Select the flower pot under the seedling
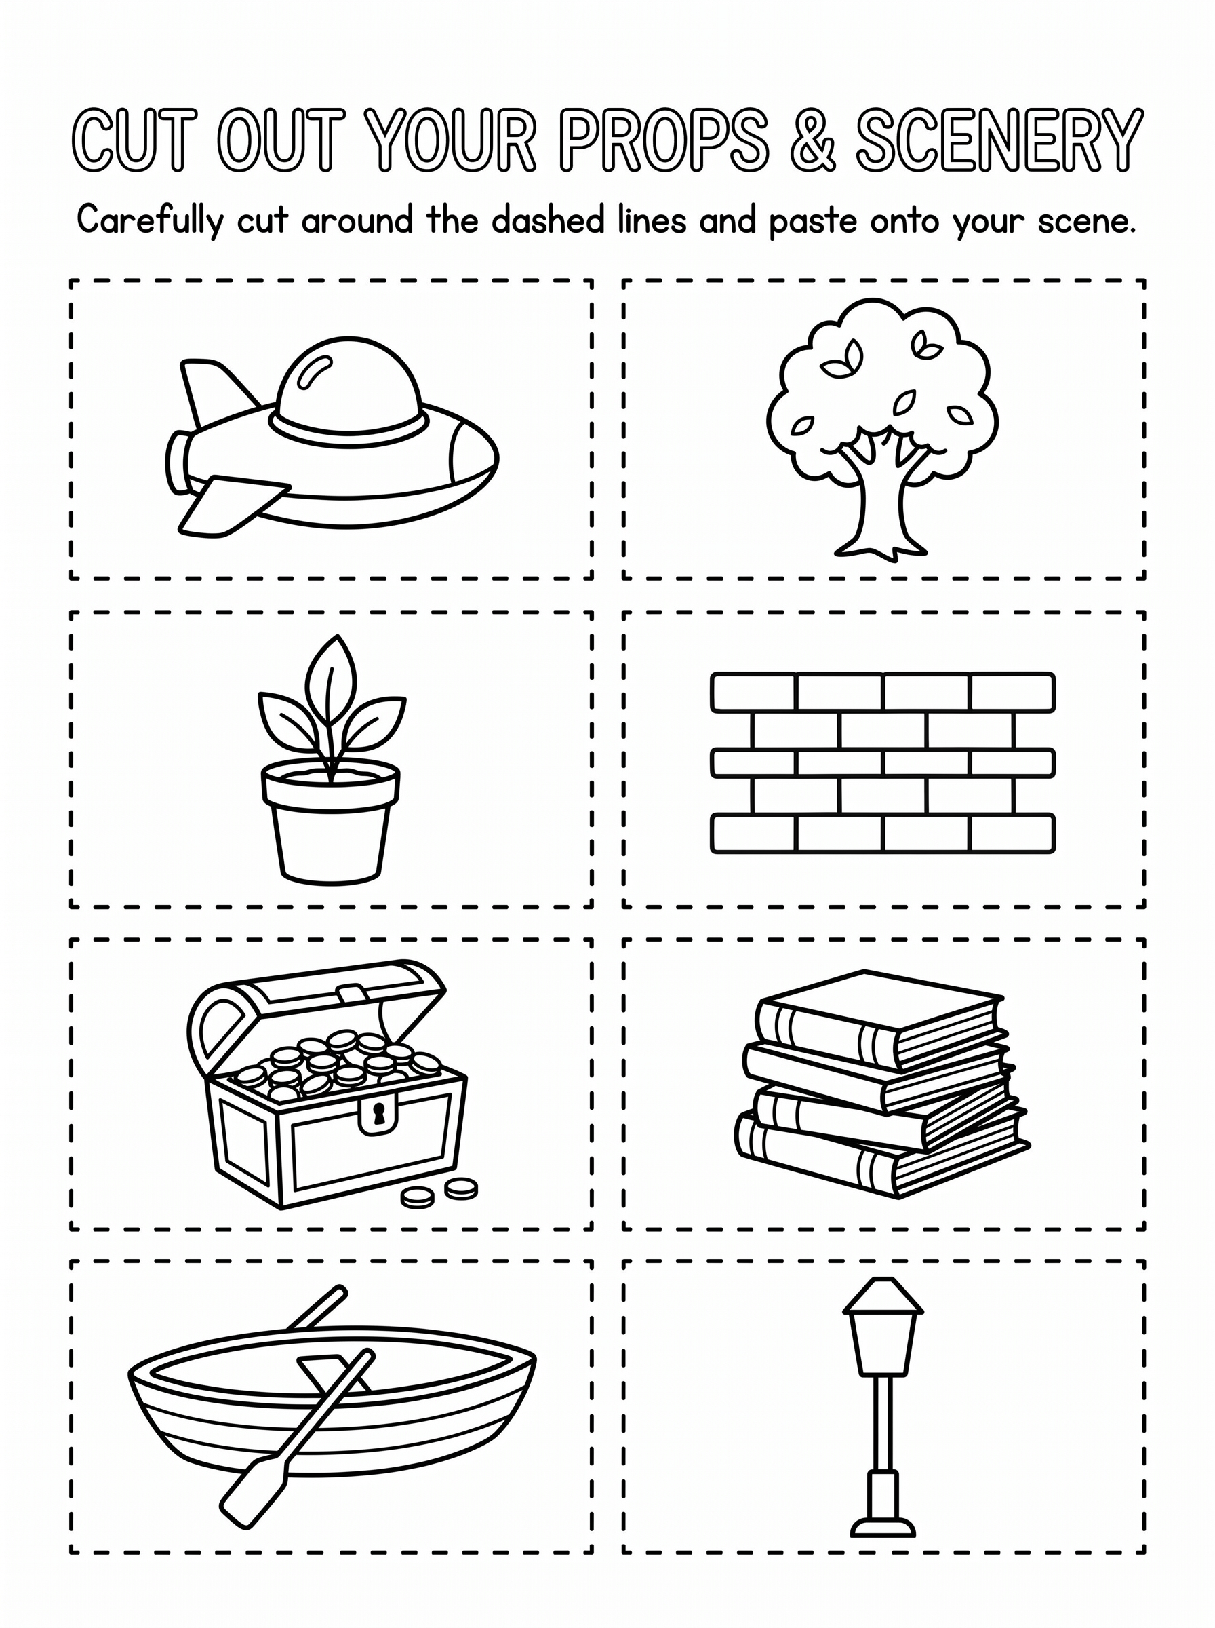(331, 821)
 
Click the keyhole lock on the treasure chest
(378, 1116)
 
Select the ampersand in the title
(814, 140)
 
